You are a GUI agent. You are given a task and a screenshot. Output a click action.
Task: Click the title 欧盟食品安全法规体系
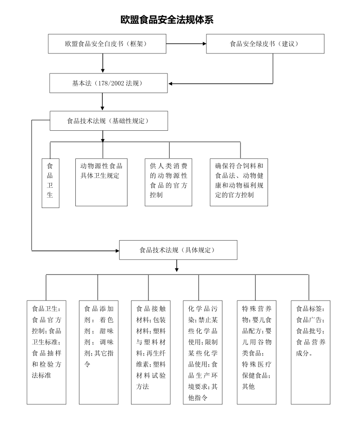(167, 20)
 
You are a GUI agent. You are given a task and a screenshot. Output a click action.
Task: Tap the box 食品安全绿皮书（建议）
(265, 44)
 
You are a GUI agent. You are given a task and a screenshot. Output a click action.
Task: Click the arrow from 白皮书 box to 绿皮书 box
(186, 44)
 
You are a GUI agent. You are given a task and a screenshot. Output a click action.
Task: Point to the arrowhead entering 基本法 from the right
(172, 84)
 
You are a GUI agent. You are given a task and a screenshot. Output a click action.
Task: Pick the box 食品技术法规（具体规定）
(178, 250)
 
